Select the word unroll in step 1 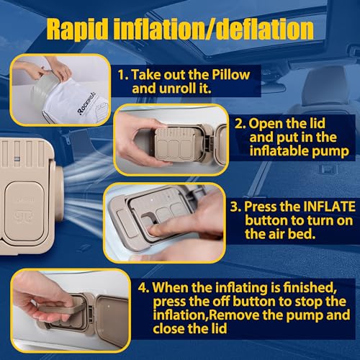(174, 90)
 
